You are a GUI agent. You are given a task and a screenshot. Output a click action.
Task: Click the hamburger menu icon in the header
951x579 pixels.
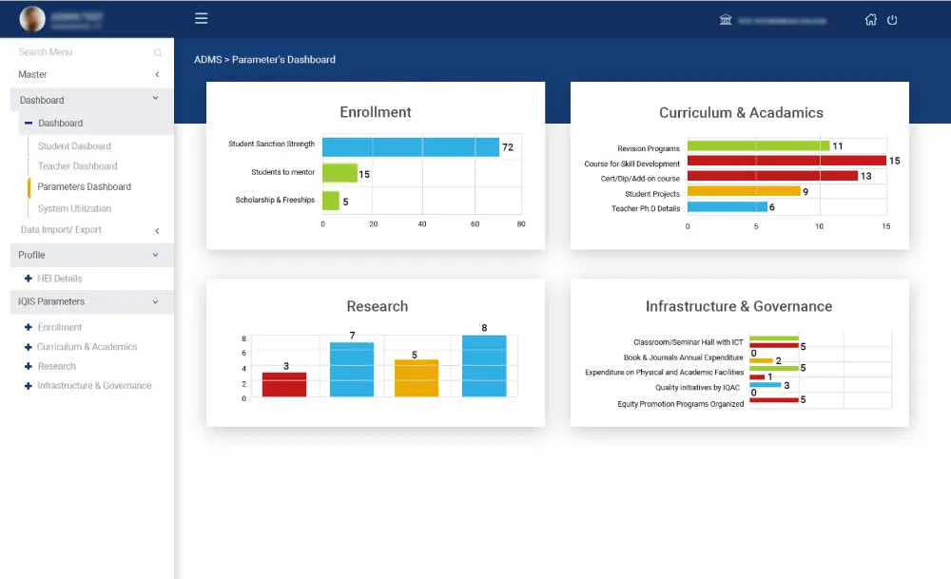tap(201, 18)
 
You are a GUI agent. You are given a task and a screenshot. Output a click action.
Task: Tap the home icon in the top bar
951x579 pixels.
tap(870, 20)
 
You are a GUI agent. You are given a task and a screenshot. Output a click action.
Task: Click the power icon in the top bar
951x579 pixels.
tap(892, 20)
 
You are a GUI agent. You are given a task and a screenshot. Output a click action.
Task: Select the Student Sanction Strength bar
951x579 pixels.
tap(410, 146)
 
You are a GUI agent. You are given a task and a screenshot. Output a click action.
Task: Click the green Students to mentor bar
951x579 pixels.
tap(340, 173)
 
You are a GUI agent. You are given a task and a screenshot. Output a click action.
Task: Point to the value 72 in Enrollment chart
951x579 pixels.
tap(508, 147)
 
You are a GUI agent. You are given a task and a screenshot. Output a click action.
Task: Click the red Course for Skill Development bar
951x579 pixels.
tap(786, 161)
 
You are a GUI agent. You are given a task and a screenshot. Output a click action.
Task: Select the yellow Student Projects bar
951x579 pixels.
tap(743, 191)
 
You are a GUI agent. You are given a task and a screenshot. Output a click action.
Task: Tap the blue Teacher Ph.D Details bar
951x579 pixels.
tap(727, 206)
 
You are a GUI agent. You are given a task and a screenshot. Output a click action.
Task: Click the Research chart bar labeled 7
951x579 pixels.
tap(352, 369)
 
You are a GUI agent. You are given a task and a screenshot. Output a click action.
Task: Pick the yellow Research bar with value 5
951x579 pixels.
tap(417, 377)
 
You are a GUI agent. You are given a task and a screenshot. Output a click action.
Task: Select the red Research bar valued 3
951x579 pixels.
tap(284, 384)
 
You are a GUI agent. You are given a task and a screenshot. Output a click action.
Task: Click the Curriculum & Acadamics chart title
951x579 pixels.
tap(741, 112)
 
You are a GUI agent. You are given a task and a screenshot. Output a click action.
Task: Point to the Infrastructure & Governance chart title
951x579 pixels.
tap(738, 306)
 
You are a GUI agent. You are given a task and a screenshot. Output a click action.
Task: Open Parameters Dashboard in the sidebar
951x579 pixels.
tap(84, 187)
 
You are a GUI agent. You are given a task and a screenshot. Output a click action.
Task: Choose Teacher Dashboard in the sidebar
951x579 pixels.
tap(77, 166)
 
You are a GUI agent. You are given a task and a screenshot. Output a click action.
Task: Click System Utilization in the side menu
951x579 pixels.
tap(74, 208)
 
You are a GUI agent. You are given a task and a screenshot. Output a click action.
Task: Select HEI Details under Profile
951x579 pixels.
tap(59, 279)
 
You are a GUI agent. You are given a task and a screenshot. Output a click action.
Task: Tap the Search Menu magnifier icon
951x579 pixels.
tap(158, 53)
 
